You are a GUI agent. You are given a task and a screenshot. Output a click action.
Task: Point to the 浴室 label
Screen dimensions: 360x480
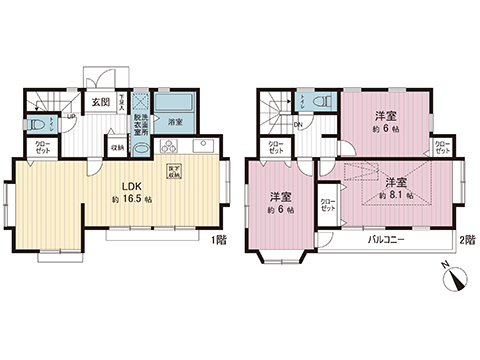[x=175, y=122]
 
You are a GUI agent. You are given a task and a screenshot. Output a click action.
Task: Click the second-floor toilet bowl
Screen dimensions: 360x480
[x=321, y=102]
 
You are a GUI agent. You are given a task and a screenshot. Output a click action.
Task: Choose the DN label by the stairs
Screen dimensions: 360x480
[x=299, y=125]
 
